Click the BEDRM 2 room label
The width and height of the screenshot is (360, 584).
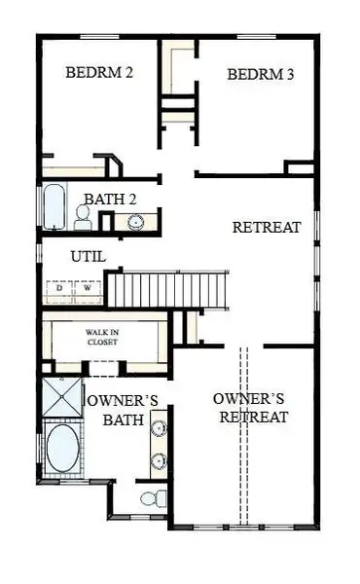[x=99, y=72]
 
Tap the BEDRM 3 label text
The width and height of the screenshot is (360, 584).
[x=260, y=75]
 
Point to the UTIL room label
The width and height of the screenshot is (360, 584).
[x=88, y=257]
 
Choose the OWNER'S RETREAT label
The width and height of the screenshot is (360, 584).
[x=251, y=408]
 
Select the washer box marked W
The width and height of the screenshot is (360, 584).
[x=87, y=289]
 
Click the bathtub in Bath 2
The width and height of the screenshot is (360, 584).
[x=52, y=206]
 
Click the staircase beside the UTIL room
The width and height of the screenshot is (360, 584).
[x=166, y=288]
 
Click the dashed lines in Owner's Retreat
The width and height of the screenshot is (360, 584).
[x=243, y=438]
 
